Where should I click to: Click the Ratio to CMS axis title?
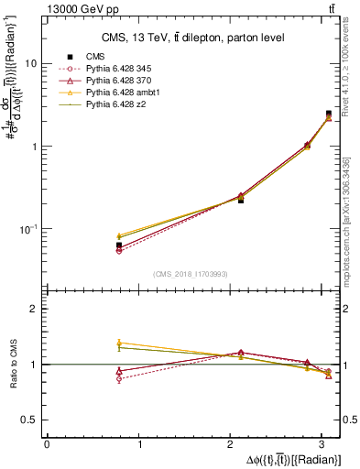pos(13,364)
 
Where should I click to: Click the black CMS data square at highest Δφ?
pos(329,114)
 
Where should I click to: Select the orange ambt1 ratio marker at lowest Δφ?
pos(119,343)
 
